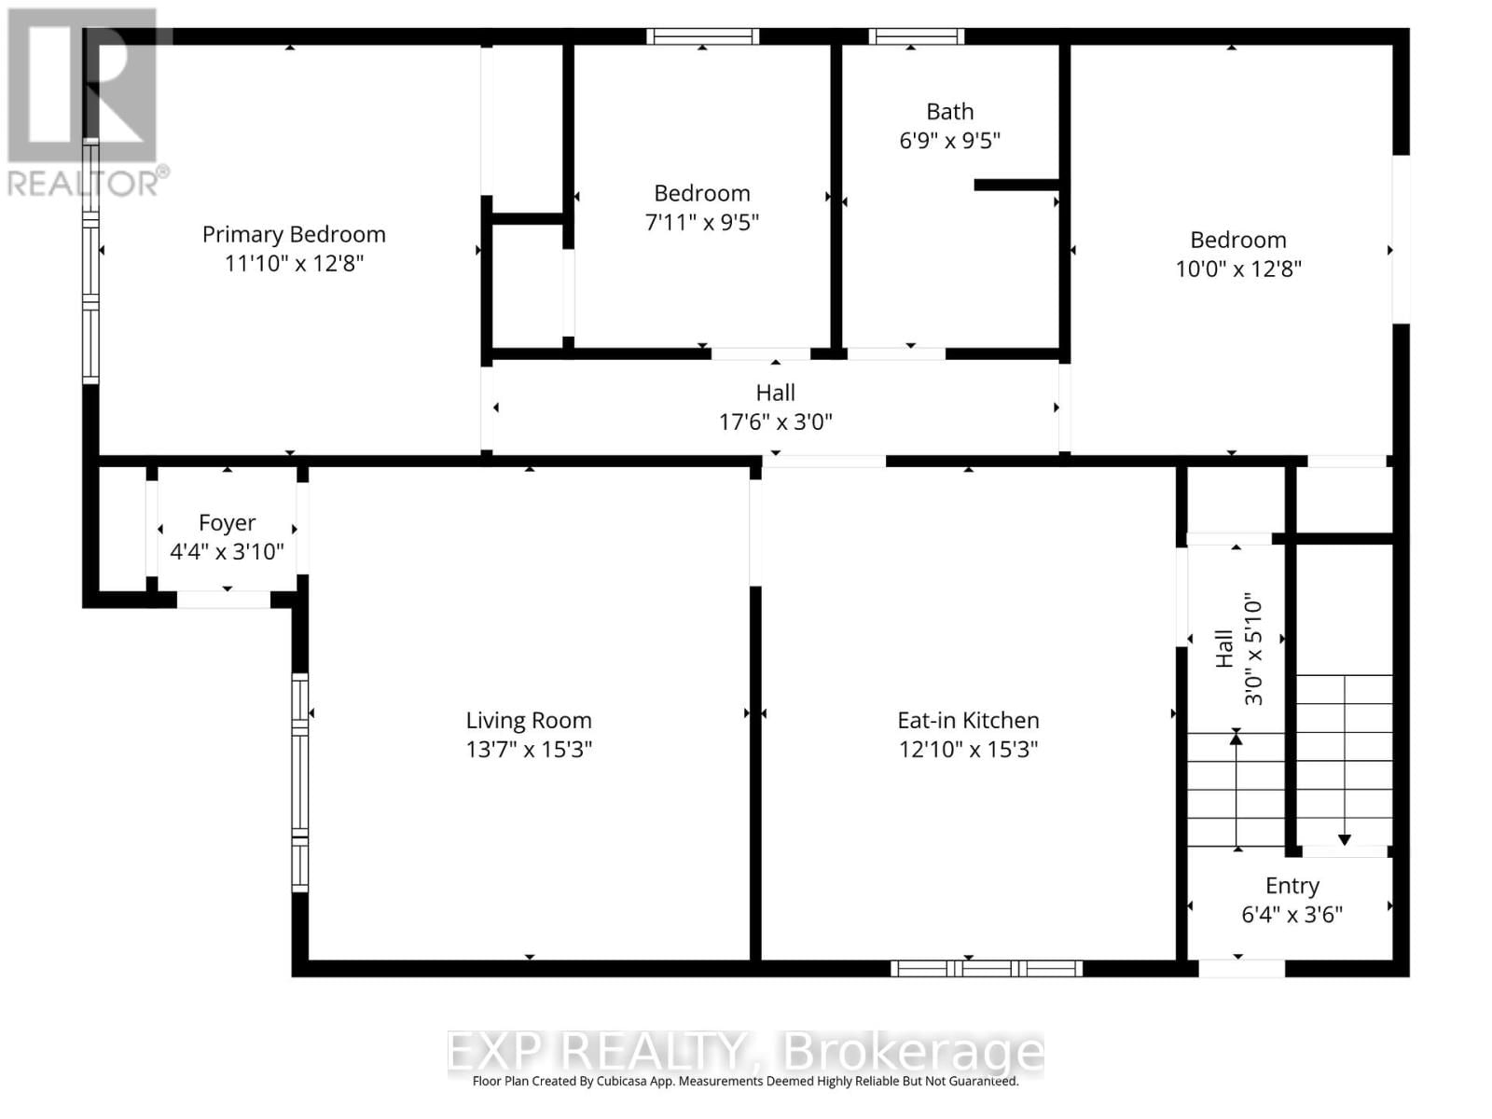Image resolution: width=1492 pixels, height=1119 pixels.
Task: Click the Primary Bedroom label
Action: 294,234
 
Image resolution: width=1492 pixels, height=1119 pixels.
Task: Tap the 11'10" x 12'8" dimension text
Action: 294,263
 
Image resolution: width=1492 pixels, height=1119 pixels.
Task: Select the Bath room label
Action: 949,112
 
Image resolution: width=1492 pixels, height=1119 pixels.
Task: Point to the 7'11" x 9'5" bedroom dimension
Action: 702,222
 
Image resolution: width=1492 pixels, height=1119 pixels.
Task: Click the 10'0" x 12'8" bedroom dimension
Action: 1238,269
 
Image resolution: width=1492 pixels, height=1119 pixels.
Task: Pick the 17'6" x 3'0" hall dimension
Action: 775,421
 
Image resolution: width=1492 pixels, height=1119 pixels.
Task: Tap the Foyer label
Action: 227,523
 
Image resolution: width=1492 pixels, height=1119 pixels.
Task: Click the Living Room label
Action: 529,720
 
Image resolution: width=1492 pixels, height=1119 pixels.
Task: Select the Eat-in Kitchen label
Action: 968,720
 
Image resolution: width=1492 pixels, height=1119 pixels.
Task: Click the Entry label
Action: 1292,886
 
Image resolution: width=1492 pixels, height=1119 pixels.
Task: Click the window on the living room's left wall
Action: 299,781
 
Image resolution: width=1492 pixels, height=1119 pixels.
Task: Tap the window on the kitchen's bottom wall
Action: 987,969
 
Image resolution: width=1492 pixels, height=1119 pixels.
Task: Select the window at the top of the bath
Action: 917,36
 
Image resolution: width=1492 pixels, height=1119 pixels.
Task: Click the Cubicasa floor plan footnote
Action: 745,1082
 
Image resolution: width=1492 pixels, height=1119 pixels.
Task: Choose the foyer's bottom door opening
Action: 224,600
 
